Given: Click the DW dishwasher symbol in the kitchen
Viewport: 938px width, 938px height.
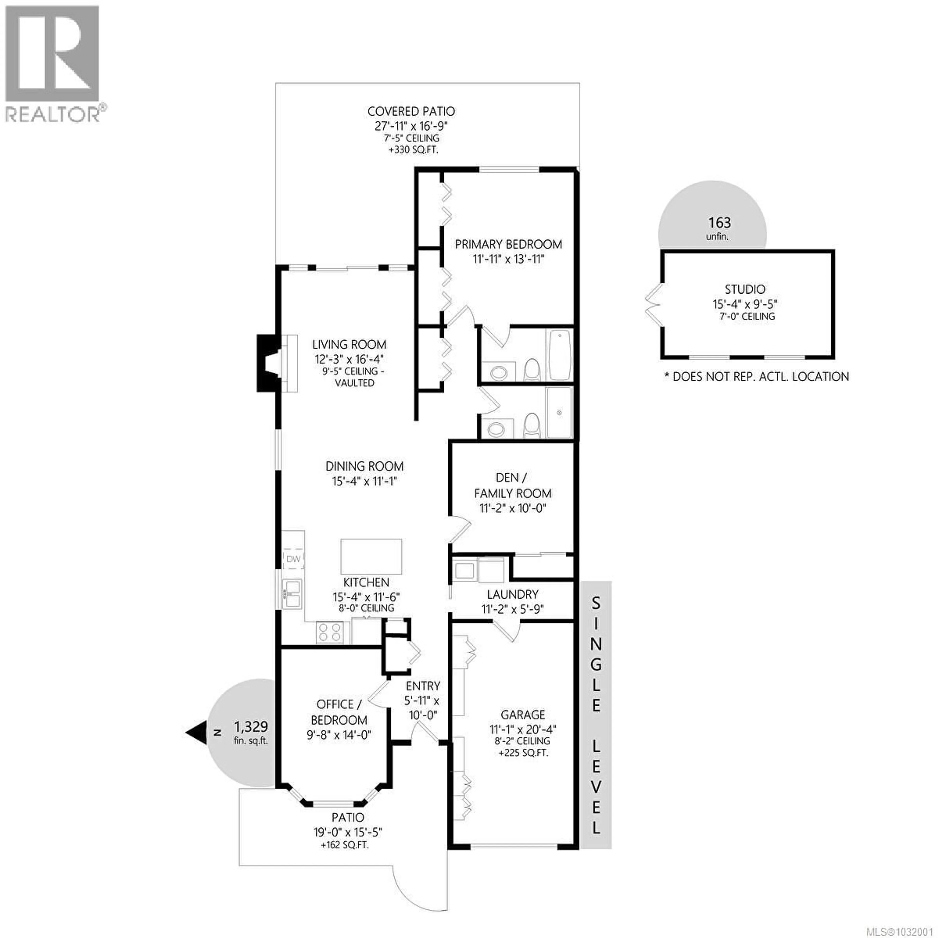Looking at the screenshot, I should point(293,559).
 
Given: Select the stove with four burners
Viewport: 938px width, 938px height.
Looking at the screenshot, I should point(330,633).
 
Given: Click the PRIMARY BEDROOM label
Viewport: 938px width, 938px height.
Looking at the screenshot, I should point(508,244).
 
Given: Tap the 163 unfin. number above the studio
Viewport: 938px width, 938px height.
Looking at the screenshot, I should point(719,223).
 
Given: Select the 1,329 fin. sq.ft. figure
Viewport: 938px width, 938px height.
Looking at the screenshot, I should point(251,727).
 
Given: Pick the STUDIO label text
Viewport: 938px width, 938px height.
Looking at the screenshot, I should point(745,289).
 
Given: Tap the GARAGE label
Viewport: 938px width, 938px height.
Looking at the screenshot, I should point(523,715).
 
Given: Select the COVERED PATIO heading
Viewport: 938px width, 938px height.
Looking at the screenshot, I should point(411,112).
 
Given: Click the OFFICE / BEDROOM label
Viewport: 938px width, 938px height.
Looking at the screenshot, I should point(338,712).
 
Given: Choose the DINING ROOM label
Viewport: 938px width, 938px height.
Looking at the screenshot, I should point(364,466).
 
